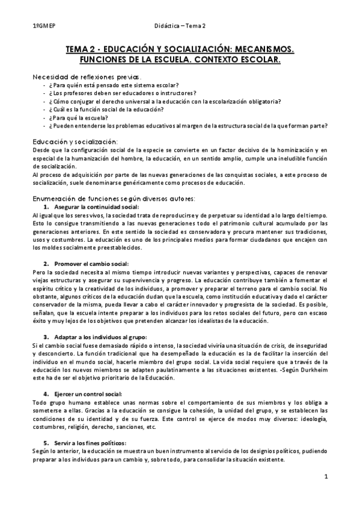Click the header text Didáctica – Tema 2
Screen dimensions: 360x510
pos(180,26)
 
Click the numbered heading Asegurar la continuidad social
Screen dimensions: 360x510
pos(96,207)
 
